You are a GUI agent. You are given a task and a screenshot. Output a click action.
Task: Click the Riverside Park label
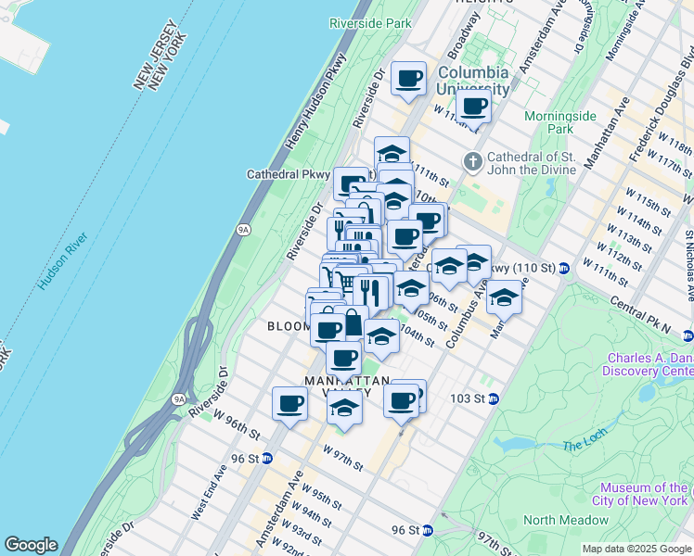coord(370,23)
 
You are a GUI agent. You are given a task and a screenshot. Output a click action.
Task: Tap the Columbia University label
coord(473,81)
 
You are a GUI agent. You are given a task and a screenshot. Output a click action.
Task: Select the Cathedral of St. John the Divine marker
coord(473,162)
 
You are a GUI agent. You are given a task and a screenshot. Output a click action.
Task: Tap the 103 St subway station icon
coord(494,398)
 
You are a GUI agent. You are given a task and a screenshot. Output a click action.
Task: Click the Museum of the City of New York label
coord(643,494)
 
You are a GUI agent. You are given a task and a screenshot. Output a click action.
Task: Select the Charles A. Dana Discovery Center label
coord(649,364)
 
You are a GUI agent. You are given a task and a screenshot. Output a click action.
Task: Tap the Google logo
coord(31,545)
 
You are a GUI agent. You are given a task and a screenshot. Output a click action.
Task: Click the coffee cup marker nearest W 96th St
coord(289,404)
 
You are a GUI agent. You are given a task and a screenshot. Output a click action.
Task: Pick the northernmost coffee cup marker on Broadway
coord(408,78)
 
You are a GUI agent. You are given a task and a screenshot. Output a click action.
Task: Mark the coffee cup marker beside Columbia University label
coord(473,106)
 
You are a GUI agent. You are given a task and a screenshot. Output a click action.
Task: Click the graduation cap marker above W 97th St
coord(344,408)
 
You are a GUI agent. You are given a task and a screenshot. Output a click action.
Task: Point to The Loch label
coord(585,445)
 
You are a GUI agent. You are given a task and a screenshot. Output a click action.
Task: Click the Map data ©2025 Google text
coord(636,549)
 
